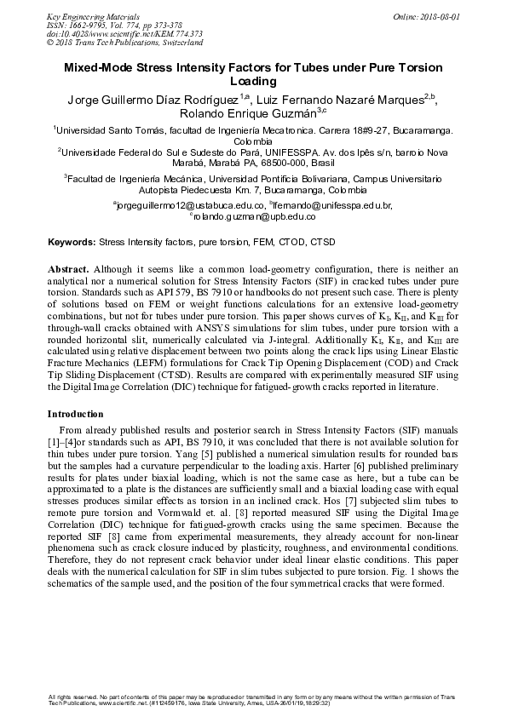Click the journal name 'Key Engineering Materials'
tap(82, 16)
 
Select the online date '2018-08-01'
tap(441, 16)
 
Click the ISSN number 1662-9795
tap(67, 25)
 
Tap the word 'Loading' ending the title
tap(254, 82)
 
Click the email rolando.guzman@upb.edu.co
tap(256, 218)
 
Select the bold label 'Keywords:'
tap(72, 242)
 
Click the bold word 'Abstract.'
tap(69, 268)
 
